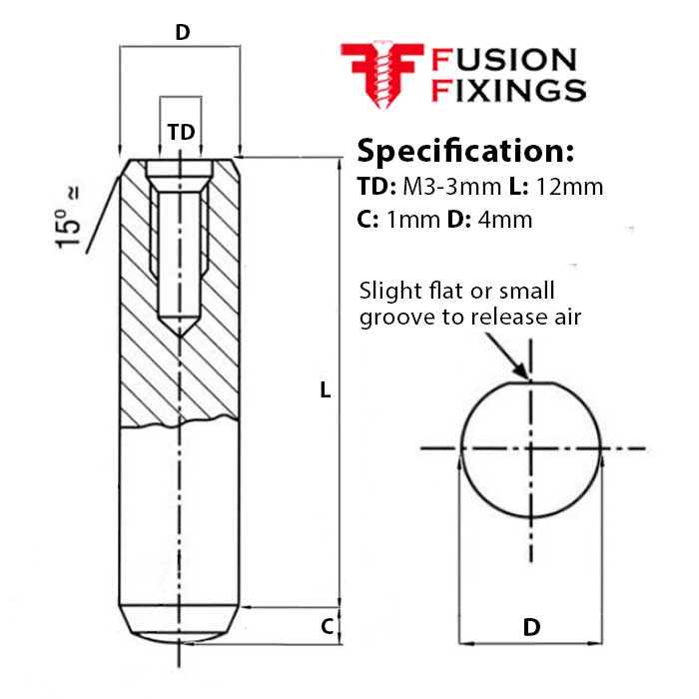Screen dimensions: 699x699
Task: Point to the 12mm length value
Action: click(569, 187)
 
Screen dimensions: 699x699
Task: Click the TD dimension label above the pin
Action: click(180, 132)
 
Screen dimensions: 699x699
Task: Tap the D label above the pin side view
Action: click(182, 32)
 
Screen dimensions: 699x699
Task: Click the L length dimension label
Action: click(325, 390)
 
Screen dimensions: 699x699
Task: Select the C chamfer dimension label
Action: click(327, 627)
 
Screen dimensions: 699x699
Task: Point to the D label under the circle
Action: click(531, 627)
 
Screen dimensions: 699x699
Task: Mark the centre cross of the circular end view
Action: click(532, 448)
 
